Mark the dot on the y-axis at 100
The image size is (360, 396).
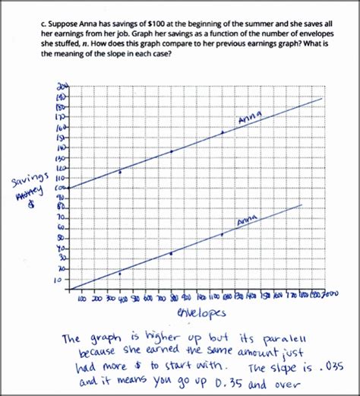[69, 188]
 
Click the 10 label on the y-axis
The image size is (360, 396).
[56, 280]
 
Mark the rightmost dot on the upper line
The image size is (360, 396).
[223, 132]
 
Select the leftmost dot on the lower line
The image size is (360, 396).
[120, 274]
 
